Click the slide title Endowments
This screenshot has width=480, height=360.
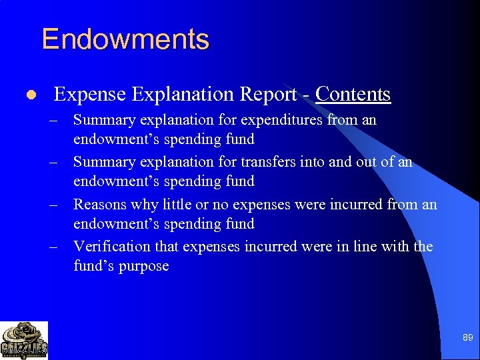click(x=125, y=39)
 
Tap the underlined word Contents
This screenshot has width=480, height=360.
click(x=353, y=95)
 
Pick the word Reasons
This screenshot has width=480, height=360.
click(x=100, y=204)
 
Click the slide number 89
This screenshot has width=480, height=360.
click(x=467, y=338)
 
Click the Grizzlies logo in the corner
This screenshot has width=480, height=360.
click(x=24, y=340)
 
